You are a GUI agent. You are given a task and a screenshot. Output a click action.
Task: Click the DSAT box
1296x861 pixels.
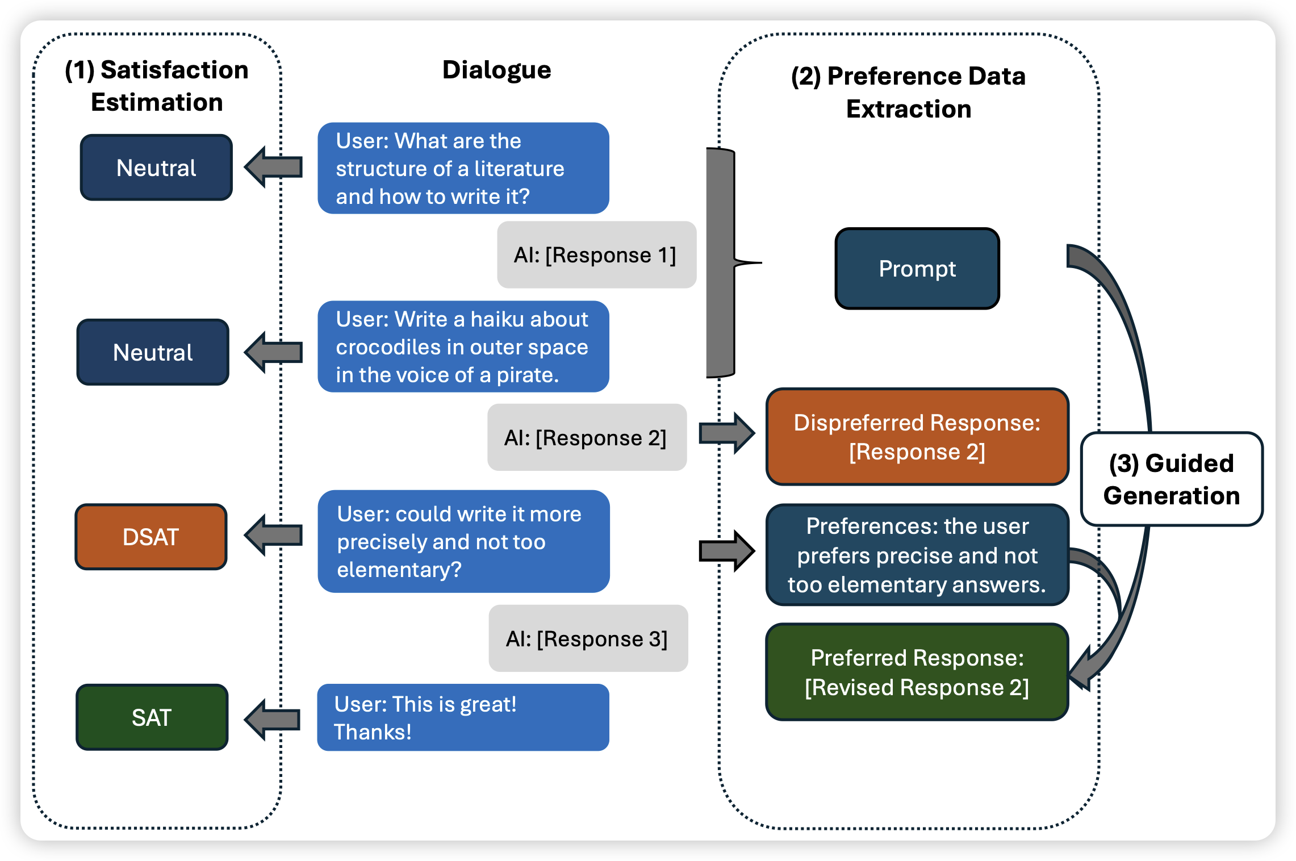pos(151,537)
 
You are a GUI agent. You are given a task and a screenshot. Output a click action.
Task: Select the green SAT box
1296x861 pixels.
pos(152,717)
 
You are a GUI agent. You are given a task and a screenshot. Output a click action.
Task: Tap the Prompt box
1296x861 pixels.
pos(917,269)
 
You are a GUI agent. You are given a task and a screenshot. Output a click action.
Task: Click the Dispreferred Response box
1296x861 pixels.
pos(917,437)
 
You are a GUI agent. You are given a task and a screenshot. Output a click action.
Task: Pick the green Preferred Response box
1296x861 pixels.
pos(917,672)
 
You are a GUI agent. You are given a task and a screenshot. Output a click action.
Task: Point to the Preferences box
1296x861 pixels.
pos(917,555)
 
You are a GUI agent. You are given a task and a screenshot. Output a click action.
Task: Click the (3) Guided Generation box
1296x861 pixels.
pos(1171,479)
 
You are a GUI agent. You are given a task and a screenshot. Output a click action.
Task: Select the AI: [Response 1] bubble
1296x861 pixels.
pos(596,255)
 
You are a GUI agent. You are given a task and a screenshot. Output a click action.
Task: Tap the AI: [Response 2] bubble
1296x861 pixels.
pos(587,437)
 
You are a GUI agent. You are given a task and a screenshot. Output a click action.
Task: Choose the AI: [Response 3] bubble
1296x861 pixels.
pos(588,638)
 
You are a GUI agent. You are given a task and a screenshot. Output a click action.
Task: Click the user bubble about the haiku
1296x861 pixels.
pos(463,346)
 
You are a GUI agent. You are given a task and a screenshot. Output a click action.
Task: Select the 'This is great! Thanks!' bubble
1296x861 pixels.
pos(463,717)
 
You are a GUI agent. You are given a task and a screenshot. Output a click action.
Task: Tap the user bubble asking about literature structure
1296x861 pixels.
pos(463,168)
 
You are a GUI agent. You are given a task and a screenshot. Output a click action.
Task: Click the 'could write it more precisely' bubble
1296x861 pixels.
pos(463,541)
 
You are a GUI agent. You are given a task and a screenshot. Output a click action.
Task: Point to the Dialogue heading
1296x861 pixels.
pos(496,70)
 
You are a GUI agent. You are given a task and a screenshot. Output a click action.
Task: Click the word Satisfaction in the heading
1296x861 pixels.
pos(174,70)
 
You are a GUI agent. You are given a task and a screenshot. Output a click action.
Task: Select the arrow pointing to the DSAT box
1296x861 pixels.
pos(274,535)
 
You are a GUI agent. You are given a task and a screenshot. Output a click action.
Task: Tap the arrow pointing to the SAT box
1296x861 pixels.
pos(273,720)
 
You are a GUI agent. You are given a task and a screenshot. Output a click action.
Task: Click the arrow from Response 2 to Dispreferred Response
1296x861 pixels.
pos(726,433)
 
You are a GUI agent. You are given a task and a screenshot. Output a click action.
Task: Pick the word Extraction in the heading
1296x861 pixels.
pos(909,108)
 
